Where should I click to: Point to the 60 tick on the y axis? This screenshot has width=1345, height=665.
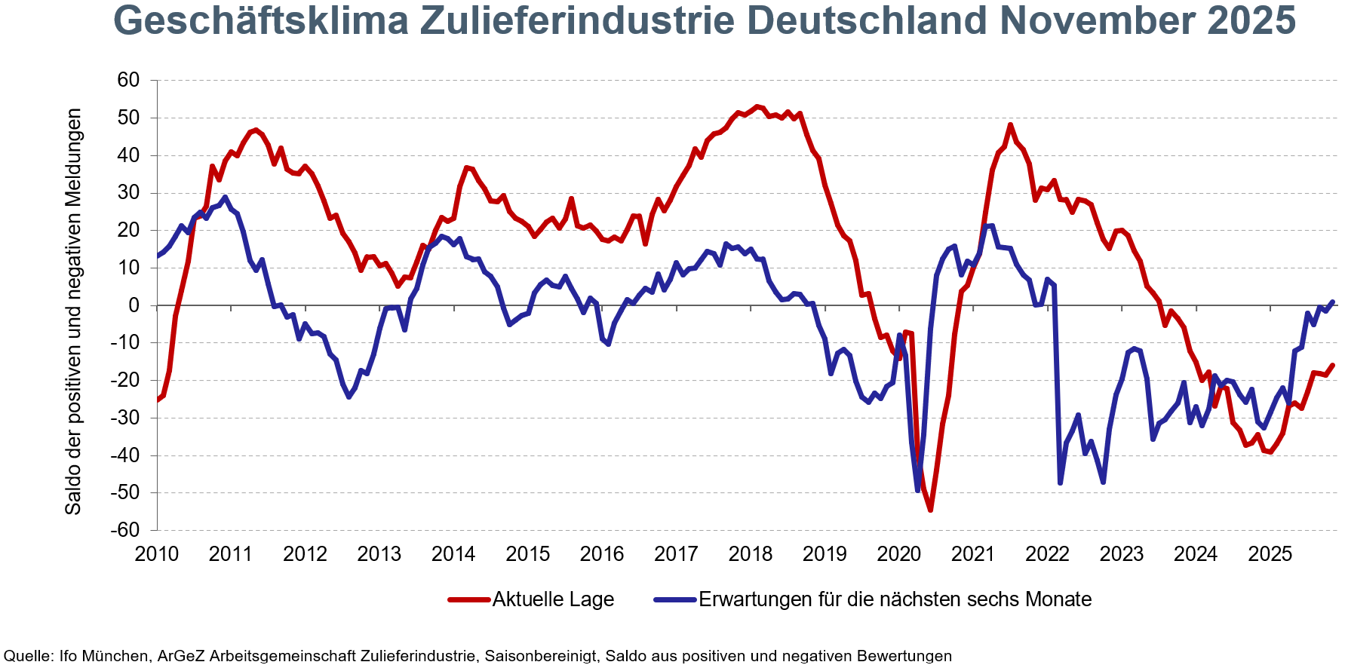click(128, 80)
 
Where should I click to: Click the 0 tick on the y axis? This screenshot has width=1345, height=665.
click(134, 305)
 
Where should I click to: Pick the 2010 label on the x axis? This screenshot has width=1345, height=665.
click(157, 554)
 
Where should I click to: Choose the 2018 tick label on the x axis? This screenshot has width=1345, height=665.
click(751, 554)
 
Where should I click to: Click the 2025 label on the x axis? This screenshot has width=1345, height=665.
click(1270, 554)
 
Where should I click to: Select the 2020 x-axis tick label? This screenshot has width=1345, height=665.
click(899, 554)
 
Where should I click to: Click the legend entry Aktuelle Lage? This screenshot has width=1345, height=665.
click(553, 599)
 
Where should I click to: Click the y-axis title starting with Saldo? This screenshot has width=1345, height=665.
click(73, 311)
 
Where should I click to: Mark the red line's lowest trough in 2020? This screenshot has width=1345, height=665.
click(930, 510)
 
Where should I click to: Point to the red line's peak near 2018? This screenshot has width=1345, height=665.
click(757, 106)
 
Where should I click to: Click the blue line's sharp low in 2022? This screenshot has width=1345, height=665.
click(1060, 483)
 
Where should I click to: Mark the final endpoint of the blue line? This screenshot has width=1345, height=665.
click(1333, 302)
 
